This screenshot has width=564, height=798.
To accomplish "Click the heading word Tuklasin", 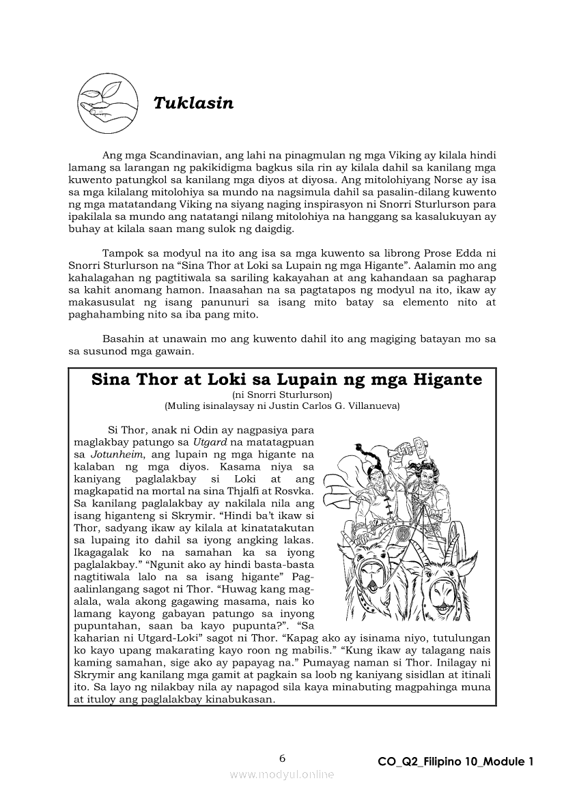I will [x=193, y=103].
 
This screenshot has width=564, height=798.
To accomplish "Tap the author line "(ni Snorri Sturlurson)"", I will [x=282, y=395].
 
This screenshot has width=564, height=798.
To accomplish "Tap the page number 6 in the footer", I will [x=282, y=758].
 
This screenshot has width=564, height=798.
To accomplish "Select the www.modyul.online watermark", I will [x=282, y=774].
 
